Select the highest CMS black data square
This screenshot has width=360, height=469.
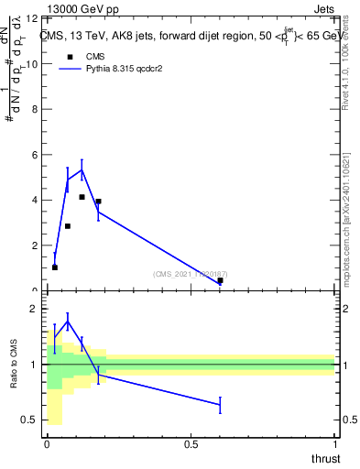(82, 197)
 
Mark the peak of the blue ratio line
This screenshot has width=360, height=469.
(68, 322)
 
